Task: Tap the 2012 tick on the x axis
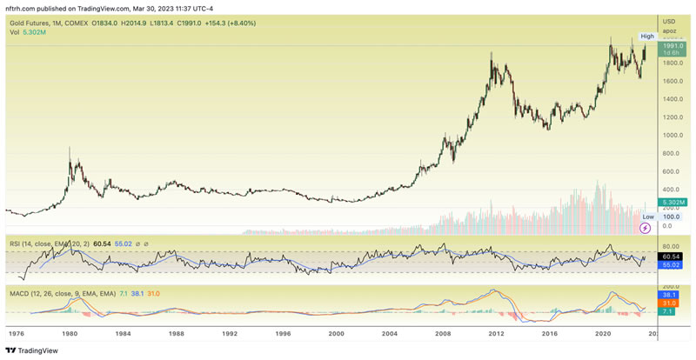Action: [497, 333]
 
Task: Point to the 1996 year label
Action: [283, 333]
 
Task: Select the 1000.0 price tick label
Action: [671, 136]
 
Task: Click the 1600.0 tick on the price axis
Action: [671, 81]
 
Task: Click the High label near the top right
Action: [646, 36]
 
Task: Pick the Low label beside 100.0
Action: [647, 217]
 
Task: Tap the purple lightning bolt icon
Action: [646, 228]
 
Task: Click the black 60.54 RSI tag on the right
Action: [671, 256]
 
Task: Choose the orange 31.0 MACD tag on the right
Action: [671, 303]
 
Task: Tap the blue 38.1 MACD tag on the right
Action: [671, 294]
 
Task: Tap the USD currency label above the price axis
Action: [669, 21]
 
